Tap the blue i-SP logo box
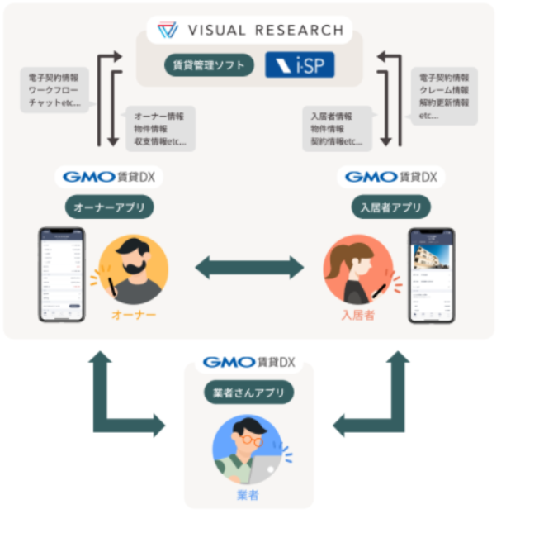300,64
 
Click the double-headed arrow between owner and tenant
249,267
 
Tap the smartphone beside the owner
62,275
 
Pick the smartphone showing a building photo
432,275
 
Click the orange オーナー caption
134,315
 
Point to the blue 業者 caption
248,495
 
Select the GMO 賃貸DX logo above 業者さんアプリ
248,362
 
